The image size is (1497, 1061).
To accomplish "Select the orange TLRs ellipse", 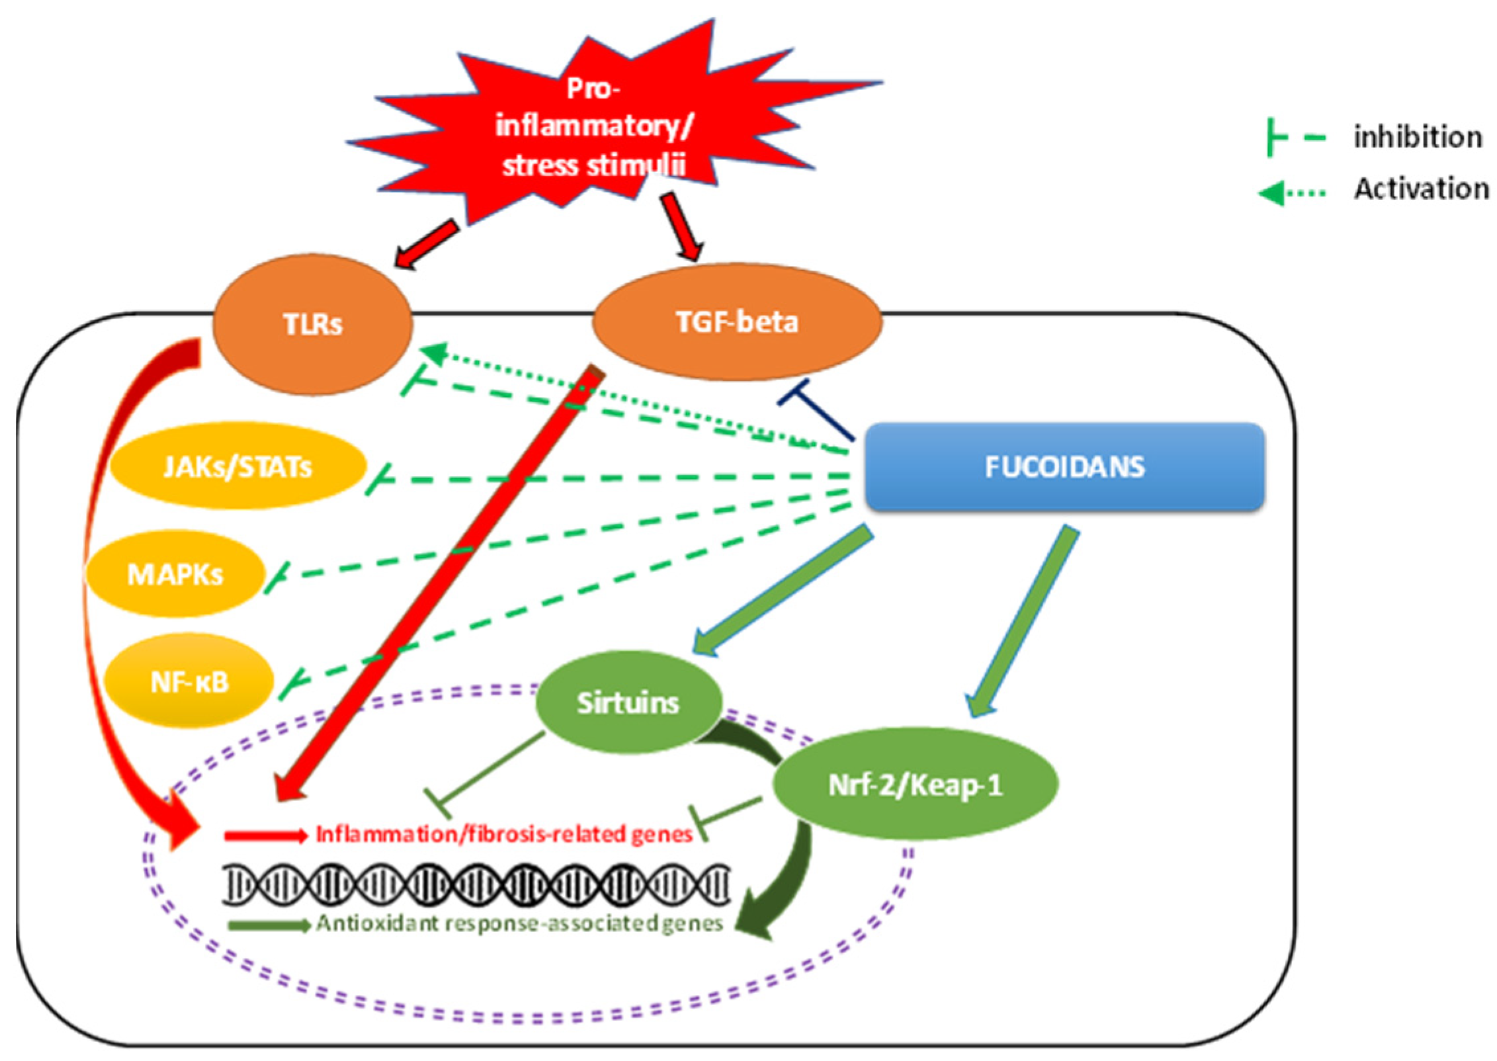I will (312, 324).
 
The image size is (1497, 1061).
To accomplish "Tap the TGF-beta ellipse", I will (736, 322).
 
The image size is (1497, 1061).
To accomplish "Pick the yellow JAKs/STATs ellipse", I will (237, 467).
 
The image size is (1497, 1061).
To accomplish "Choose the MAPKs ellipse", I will (175, 574).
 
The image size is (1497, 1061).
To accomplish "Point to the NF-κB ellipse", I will (189, 681).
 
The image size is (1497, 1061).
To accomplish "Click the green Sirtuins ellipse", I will (628, 702).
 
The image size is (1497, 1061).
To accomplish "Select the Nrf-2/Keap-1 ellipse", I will (915, 785).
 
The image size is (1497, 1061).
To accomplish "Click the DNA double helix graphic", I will (476, 884).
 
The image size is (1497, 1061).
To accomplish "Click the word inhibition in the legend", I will (1418, 138).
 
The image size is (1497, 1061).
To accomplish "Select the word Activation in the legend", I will (1421, 189).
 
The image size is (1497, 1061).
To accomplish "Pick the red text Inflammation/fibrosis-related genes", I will (504, 835).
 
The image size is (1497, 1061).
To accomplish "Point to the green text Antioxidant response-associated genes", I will (519, 923).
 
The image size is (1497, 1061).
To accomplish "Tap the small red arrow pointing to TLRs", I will (427, 245).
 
